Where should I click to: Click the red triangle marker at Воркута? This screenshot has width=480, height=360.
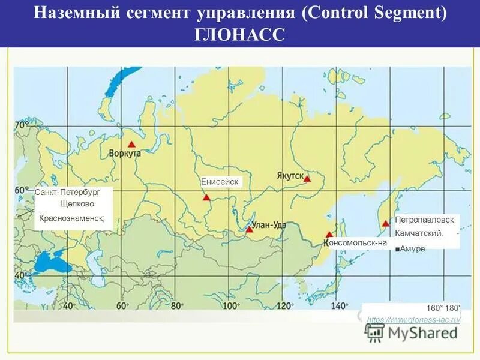tap(131, 145)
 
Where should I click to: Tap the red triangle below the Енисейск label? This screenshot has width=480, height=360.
tap(206, 197)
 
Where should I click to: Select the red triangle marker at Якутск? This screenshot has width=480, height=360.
tap(307, 179)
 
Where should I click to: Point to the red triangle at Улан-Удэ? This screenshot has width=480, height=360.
tap(249, 229)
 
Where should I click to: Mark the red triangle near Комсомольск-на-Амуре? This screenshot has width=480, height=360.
tap(329, 235)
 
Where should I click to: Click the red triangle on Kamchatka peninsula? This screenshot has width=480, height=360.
tap(385, 224)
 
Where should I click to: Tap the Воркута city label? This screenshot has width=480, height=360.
tap(125, 154)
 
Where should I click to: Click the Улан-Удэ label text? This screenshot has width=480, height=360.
tap(269, 225)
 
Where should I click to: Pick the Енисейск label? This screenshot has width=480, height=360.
tap(220, 182)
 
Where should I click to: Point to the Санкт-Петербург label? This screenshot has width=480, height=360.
tap(67, 192)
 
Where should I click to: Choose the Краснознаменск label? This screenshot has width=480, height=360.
tap(71, 218)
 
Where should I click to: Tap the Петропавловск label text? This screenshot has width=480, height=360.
tap(424, 220)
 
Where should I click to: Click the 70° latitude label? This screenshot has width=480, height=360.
tap(21, 125)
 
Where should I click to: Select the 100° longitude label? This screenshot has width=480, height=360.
tap(230, 305)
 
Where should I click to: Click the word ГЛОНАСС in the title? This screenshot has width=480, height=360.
tap(239, 34)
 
